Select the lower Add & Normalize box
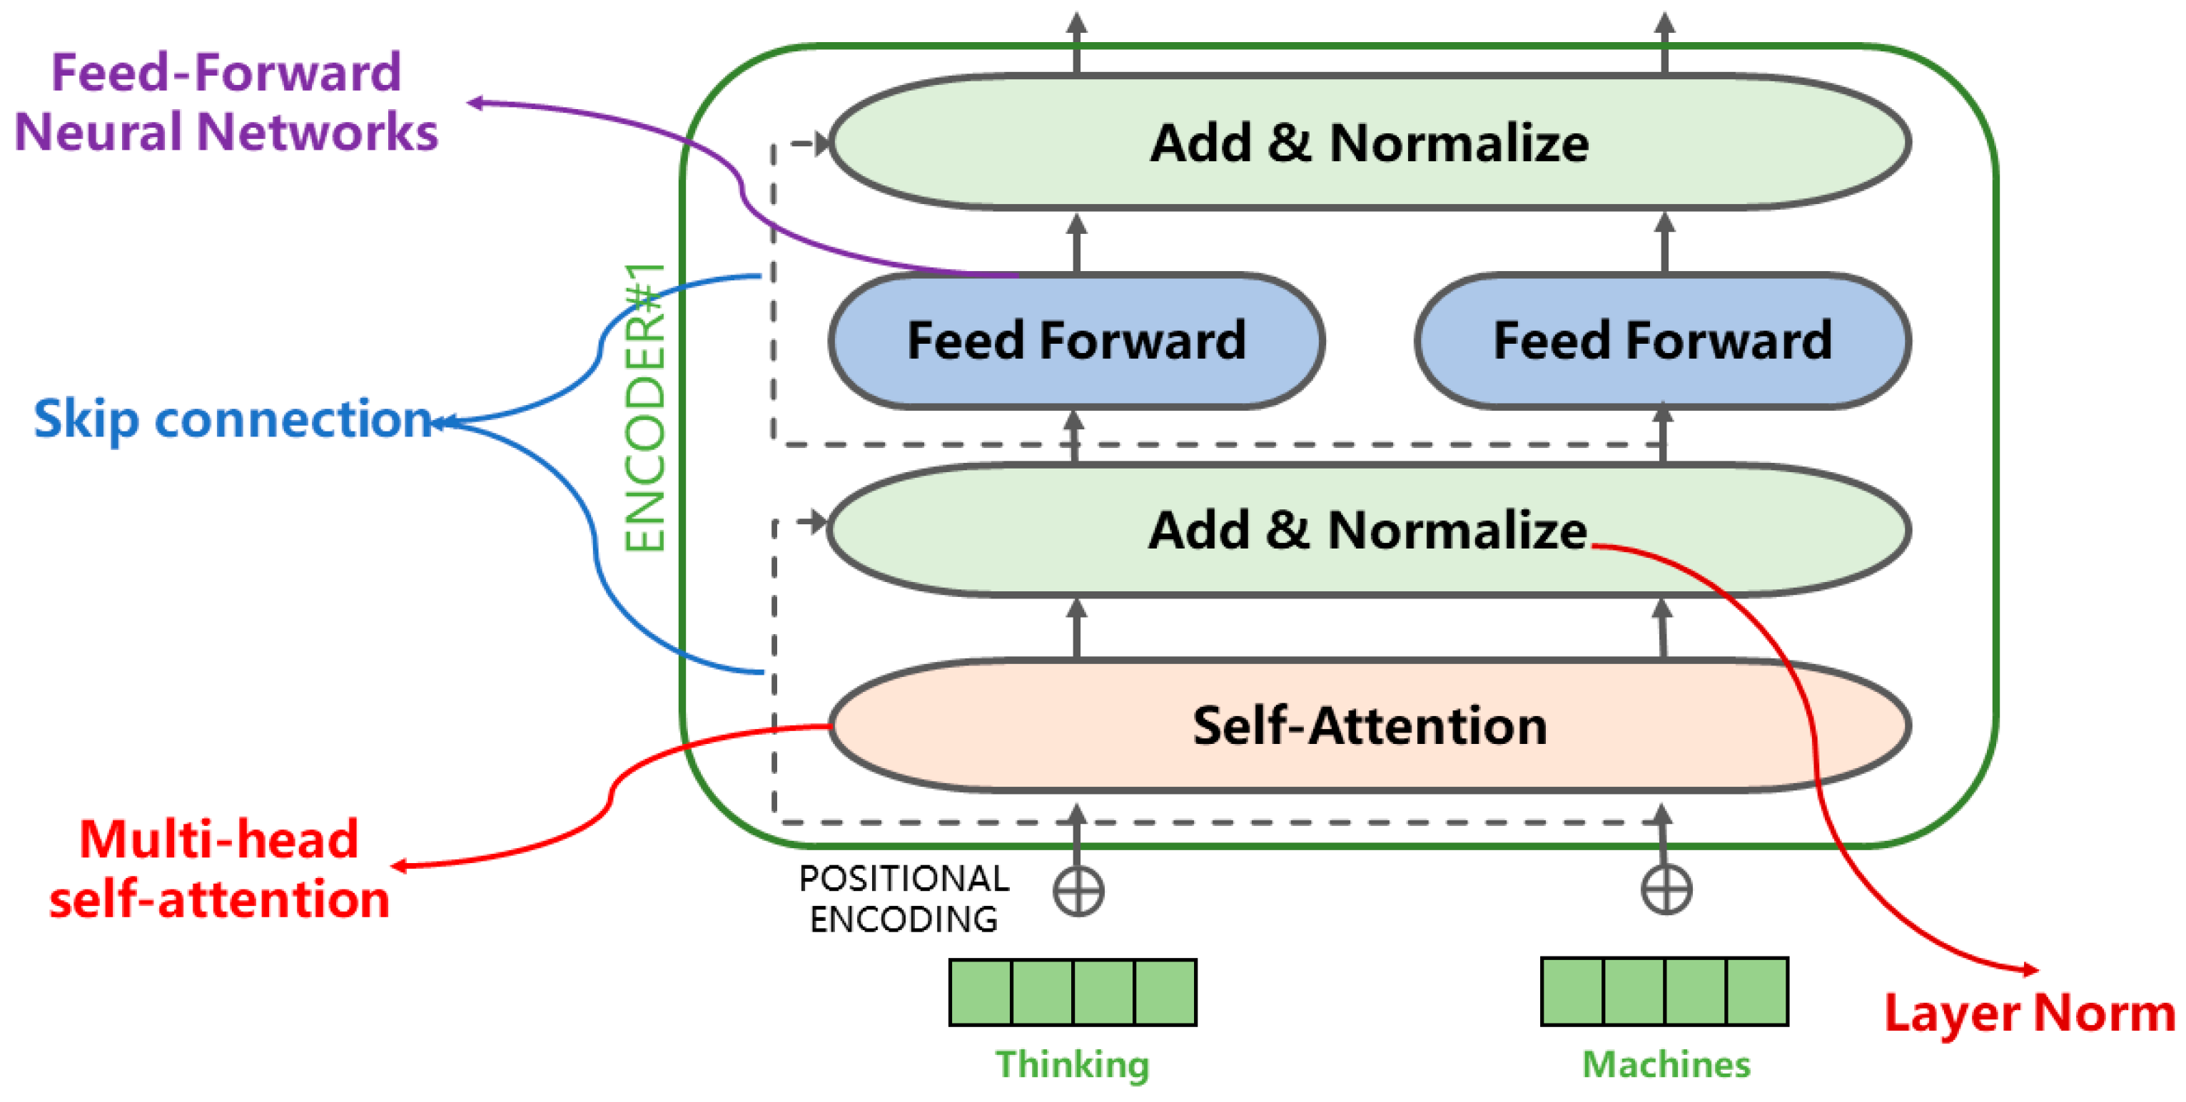tap(1368, 529)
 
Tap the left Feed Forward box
tap(1076, 340)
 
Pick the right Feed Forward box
tap(1661, 340)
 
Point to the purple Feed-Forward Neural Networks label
tap(226, 102)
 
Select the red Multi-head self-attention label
tap(219, 869)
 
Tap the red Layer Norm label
tap(2029, 1013)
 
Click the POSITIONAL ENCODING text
tap(904, 899)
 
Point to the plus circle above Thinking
tap(1078, 891)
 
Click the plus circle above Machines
tap(1665, 890)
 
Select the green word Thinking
tap(1072, 1063)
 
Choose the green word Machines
tap(1665, 1063)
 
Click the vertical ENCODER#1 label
tap(645, 407)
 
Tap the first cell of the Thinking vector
tap(980, 993)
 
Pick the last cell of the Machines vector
tap(1756, 991)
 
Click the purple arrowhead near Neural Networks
tap(475, 103)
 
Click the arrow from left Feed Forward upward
tap(1076, 242)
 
